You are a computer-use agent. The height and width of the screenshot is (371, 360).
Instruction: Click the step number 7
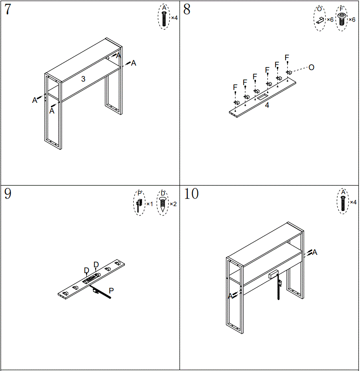pos(8,10)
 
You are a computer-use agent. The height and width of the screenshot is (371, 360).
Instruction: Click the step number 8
pos(186,10)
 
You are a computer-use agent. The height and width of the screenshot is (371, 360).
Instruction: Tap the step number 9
pos(8,194)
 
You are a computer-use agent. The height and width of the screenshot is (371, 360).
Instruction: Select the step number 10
pos(191,194)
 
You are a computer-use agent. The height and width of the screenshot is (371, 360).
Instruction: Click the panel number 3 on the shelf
pos(83,79)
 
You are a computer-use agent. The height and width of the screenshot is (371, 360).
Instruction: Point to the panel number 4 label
pos(267,105)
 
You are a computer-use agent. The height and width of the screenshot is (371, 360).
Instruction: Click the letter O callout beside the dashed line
pos(311,67)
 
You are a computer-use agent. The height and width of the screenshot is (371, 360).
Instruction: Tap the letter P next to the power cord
pos(111,290)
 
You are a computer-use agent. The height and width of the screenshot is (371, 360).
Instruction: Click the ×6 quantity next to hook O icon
pos(330,20)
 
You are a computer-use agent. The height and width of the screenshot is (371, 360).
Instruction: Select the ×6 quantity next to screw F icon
pos(352,20)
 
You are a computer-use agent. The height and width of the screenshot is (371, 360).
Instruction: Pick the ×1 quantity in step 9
pos(149,204)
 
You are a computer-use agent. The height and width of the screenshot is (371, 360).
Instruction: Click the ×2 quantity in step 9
pos(173,204)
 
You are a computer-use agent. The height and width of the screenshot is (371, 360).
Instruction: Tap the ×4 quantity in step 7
pos(174,18)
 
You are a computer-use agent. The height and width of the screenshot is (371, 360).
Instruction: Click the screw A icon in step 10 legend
pos(342,202)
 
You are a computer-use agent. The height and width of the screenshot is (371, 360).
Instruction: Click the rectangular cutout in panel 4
pos(262,96)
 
